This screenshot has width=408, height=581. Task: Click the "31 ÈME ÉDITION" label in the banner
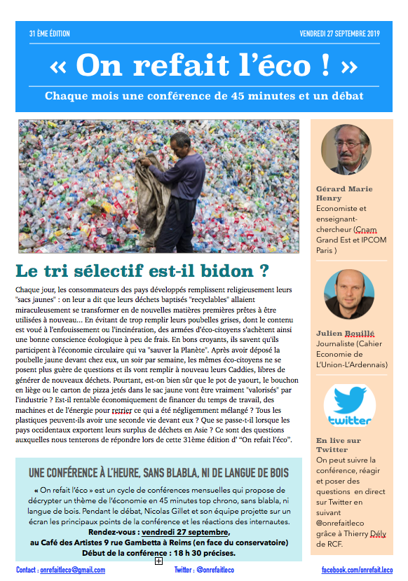coord(50,34)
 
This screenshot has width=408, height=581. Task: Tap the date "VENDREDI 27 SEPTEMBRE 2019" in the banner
coord(339,34)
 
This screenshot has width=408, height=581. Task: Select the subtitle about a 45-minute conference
coord(204,95)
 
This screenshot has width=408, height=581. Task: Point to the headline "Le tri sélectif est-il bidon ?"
coord(142,270)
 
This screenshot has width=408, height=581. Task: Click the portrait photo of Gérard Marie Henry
coord(346,150)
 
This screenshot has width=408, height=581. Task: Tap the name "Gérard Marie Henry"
coord(344,193)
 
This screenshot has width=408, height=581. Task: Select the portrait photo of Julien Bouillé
coord(348,294)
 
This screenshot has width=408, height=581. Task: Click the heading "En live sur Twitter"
coord(339,444)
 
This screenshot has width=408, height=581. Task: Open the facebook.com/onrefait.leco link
coord(357,570)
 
